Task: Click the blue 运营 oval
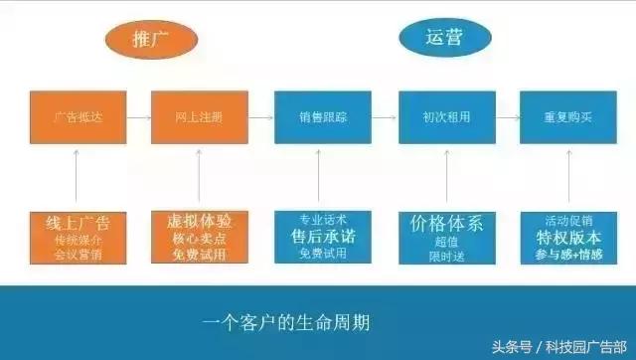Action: [444, 38]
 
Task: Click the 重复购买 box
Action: [568, 117]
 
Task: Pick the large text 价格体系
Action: [446, 223]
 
